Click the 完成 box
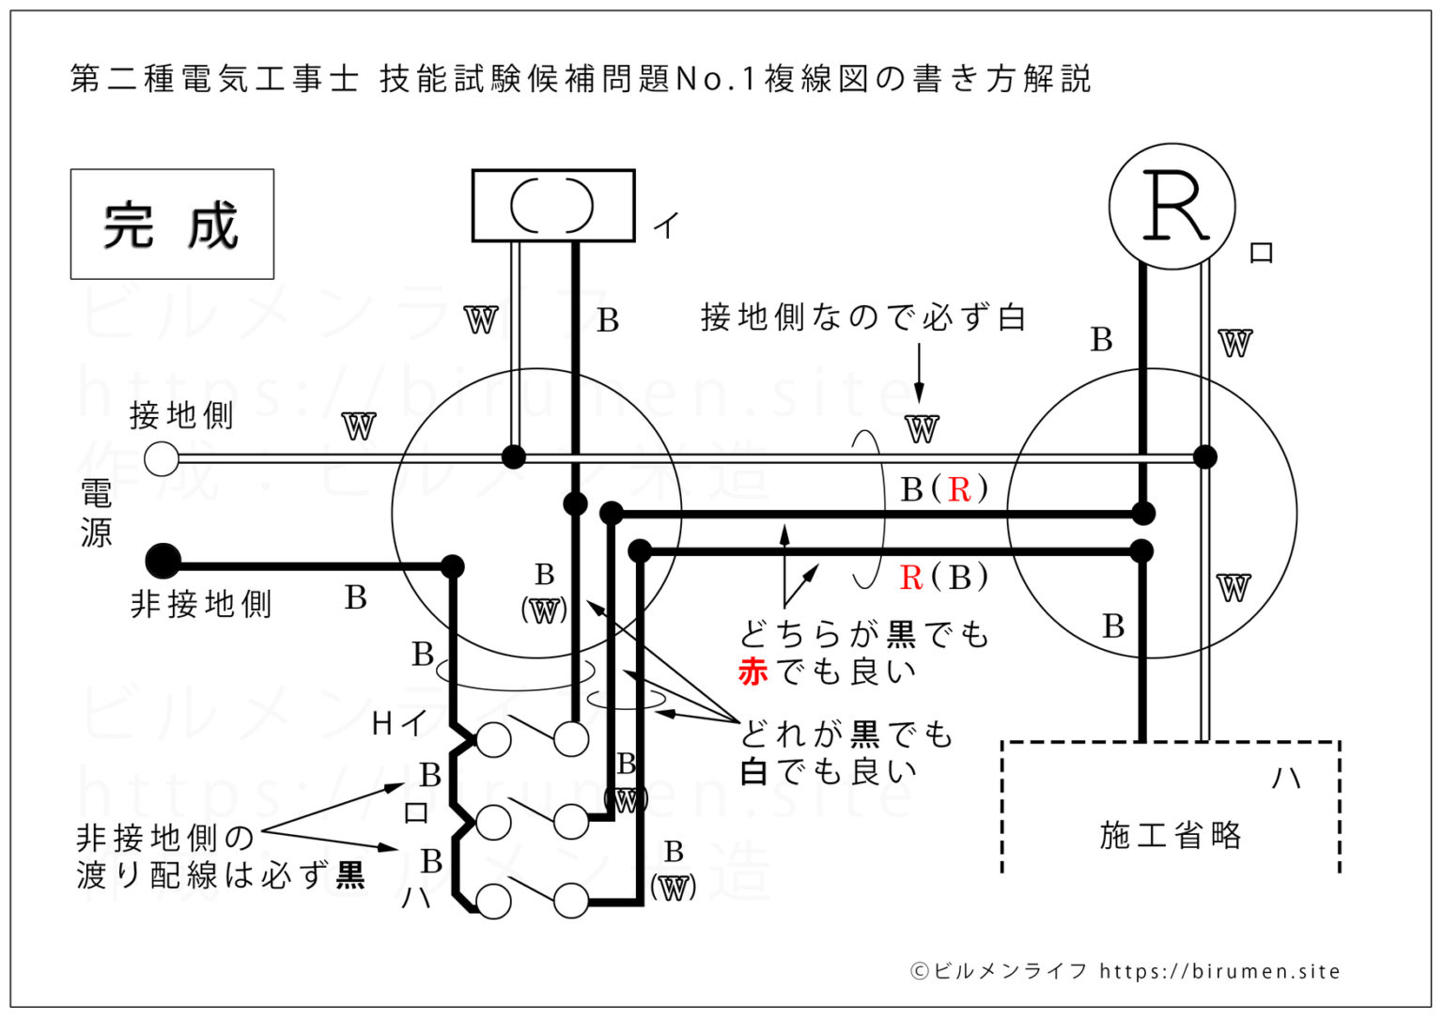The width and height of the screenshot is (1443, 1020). (172, 224)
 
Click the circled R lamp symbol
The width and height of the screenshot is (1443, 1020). (1171, 206)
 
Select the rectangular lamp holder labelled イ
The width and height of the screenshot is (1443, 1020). (552, 206)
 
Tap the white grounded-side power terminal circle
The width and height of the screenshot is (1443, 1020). (162, 458)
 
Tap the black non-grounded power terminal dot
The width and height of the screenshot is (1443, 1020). (163, 562)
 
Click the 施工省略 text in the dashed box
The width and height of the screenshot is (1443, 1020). (1170, 835)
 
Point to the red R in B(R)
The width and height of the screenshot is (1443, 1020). (958, 489)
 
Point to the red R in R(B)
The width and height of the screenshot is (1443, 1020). (910, 578)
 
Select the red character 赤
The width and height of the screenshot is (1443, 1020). (753, 672)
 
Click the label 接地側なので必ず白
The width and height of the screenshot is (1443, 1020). (863, 317)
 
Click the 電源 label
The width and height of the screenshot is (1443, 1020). (96, 513)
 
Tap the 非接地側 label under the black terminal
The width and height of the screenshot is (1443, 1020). (201, 604)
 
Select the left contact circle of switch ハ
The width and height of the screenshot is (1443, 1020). (493, 902)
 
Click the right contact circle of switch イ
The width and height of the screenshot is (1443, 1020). (571, 739)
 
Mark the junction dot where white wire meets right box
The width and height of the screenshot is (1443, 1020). (1204, 457)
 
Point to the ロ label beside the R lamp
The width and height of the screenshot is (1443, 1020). (1261, 253)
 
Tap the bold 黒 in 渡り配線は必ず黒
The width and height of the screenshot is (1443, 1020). (349, 875)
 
